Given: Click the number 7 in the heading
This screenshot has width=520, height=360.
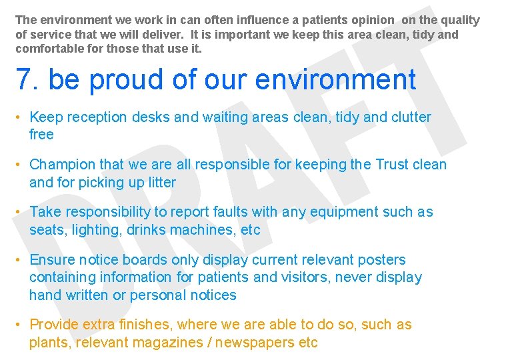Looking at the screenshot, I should [24, 80].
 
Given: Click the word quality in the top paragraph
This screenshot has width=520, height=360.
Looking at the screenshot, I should [459, 20].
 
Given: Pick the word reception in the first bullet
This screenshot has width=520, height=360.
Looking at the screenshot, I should [96, 117].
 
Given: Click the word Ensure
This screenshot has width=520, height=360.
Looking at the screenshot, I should [51, 260].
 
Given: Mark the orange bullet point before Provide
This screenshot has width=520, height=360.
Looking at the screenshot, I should [20, 325].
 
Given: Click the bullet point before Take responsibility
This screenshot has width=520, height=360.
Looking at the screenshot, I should [20, 213].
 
